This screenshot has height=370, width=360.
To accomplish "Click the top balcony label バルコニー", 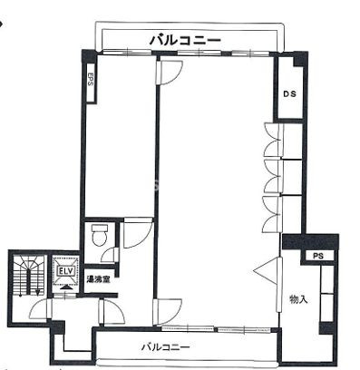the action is [x=185, y=40].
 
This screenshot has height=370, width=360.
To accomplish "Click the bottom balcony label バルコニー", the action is [x=166, y=346].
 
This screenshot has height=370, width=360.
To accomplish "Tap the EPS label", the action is [x=90, y=79].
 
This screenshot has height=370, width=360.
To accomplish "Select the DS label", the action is [x=289, y=94].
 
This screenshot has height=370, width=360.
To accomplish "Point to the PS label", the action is [x=318, y=257].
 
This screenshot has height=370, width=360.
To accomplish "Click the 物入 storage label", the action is [x=298, y=299].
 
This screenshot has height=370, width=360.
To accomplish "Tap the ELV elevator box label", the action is [x=66, y=271].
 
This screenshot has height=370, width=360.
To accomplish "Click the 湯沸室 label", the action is [x=98, y=279].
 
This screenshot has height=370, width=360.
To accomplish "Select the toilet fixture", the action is [x=99, y=235].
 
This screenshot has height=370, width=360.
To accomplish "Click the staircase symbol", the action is [x=29, y=275].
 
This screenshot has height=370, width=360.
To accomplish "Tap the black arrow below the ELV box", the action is [x=67, y=287].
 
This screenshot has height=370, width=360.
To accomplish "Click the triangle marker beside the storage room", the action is [x=264, y=271].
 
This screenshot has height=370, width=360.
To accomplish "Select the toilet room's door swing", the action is [x=110, y=255].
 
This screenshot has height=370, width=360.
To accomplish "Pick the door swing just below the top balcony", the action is [x=170, y=73].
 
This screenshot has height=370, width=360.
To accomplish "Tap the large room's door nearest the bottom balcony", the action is [x=167, y=312].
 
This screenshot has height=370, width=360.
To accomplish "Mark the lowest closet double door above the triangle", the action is [x=272, y=214].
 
